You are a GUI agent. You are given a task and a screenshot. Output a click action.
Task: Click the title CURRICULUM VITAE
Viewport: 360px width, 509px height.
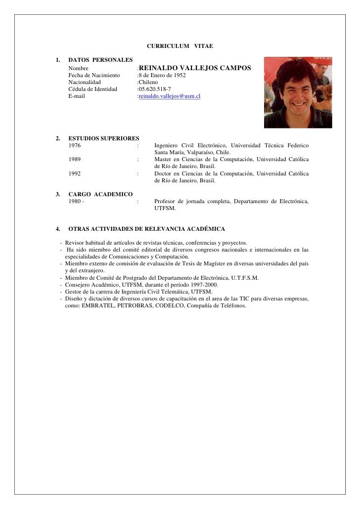pyautogui.click(x=180, y=46)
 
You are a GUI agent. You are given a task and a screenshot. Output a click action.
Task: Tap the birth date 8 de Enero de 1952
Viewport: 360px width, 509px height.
pyautogui.click(x=162, y=75)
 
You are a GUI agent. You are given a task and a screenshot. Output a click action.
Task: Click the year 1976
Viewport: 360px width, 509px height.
pyautogui.click(x=75, y=146)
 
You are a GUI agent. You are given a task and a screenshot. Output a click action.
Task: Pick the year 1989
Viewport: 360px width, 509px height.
pyautogui.click(x=75, y=160)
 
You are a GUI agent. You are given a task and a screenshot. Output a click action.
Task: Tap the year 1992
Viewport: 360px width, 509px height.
pyautogui.click(x=75, y=173)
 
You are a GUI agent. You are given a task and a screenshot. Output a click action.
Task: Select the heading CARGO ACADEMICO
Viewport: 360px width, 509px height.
pyautogui.click(x=100, y=194)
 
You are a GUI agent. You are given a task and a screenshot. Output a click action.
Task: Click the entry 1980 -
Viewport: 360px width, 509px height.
pyautogui.click(x=76, y=202)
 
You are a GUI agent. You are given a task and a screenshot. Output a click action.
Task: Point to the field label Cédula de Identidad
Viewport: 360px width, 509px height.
pyautogui.click(x=93, y=89)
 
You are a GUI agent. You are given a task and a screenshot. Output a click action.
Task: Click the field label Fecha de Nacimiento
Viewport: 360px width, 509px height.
pyautogui.click(x=94, y=75)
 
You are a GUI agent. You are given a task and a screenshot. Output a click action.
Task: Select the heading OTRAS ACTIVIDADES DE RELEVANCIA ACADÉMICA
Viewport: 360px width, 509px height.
pyautogui.click(x=146, y=229)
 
